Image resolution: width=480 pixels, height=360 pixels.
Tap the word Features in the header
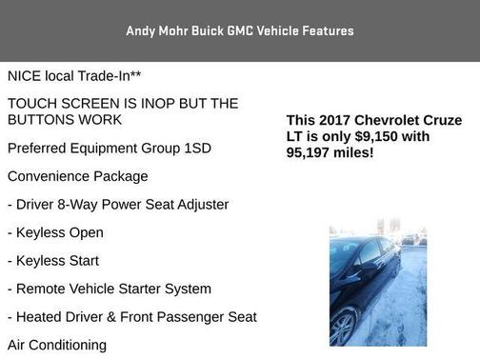(x=325, y=30)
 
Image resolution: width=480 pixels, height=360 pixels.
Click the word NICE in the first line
(x=26, y=75)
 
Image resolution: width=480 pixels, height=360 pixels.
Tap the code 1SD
(x=195, y=149)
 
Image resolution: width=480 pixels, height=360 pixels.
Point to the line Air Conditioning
(x=57, y=345)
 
